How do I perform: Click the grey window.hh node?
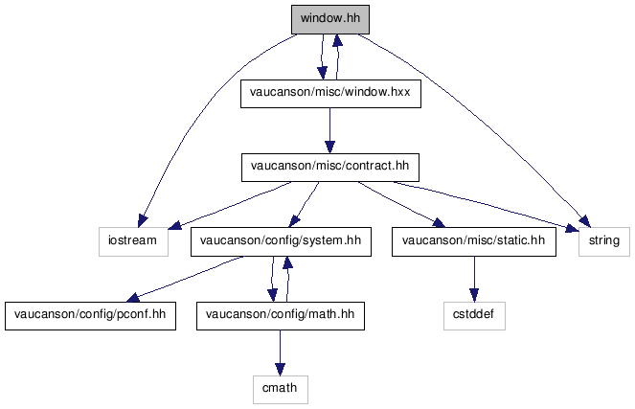point(330,19)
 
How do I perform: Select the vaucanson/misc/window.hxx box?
point(330,94)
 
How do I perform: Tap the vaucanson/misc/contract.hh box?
point(330,168)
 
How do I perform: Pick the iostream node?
point(133,241)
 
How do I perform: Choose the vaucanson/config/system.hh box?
point(281,241)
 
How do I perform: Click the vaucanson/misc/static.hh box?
point(474,241)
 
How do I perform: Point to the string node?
point(604,241)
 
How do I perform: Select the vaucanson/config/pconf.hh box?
point(90,315)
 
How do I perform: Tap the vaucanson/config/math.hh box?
point(281,315)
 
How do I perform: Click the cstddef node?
point(474,315)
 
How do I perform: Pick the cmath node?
point(281,389)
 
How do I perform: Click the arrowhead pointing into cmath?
point(280,370)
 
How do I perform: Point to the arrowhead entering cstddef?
point(474,295)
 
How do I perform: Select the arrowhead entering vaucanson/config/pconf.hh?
point(134,298)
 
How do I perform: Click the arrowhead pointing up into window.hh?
point(337,40)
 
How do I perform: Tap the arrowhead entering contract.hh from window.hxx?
point(330,147)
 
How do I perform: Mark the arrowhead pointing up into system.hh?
point(288,262)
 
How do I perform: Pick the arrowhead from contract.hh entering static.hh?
point(439,223)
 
